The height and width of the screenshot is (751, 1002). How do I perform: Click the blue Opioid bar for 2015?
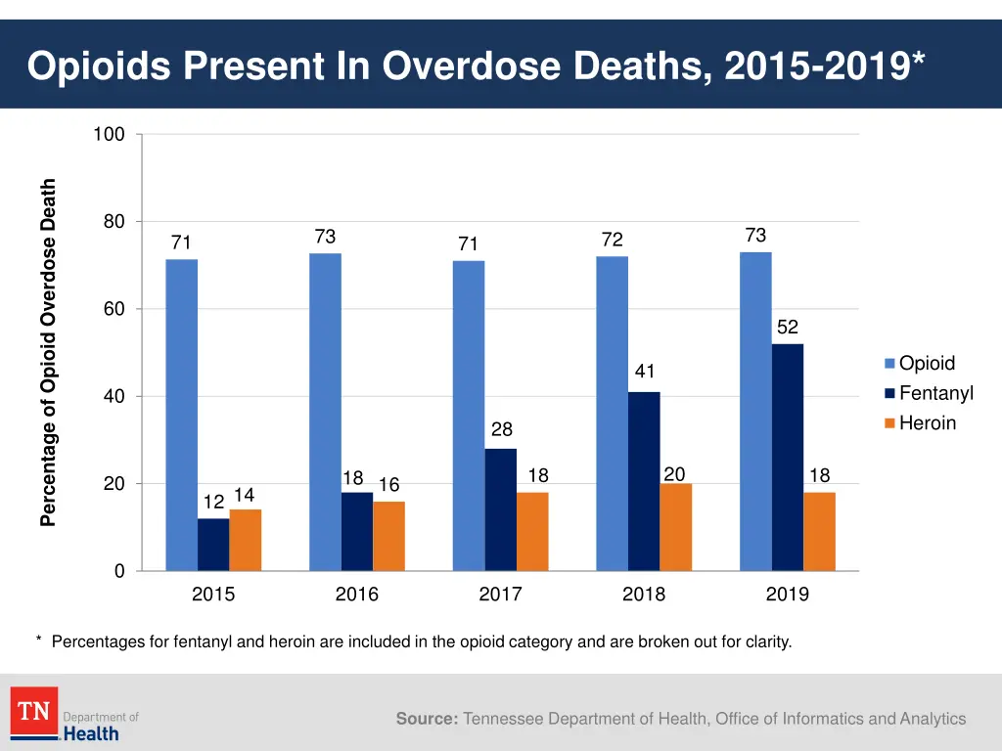click(x=181, y=415)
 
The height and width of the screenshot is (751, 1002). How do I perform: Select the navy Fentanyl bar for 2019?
click(x=787, y=457)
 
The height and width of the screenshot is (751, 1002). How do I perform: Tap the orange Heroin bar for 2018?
click(x=675, y=527)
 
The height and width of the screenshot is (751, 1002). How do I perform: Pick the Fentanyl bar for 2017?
click(x=500, y=509)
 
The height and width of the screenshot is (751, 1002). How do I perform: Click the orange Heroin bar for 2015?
click(x=245, y=540)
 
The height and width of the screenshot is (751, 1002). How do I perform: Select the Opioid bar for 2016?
click(x=325, y=412)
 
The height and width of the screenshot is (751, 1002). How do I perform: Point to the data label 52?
click(x=788, y=328)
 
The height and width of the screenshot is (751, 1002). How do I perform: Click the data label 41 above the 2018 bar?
click(x=644, y=372)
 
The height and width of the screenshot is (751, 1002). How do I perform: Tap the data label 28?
click(x=501, y=429)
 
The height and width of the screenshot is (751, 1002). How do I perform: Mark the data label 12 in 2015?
click(x=213, y=502)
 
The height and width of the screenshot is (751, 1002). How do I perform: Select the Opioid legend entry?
click(x=926, y=364)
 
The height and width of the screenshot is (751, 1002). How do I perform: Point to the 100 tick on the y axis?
click(x=109, y=135)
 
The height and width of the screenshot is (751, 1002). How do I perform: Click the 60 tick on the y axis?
click(x=114, y=309)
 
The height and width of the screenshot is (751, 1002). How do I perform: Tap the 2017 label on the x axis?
click(x=500, y=594)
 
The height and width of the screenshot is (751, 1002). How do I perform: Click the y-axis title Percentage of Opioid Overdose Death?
click(x=48, y=352)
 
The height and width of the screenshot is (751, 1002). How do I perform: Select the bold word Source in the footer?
click(x=427, y=719)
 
